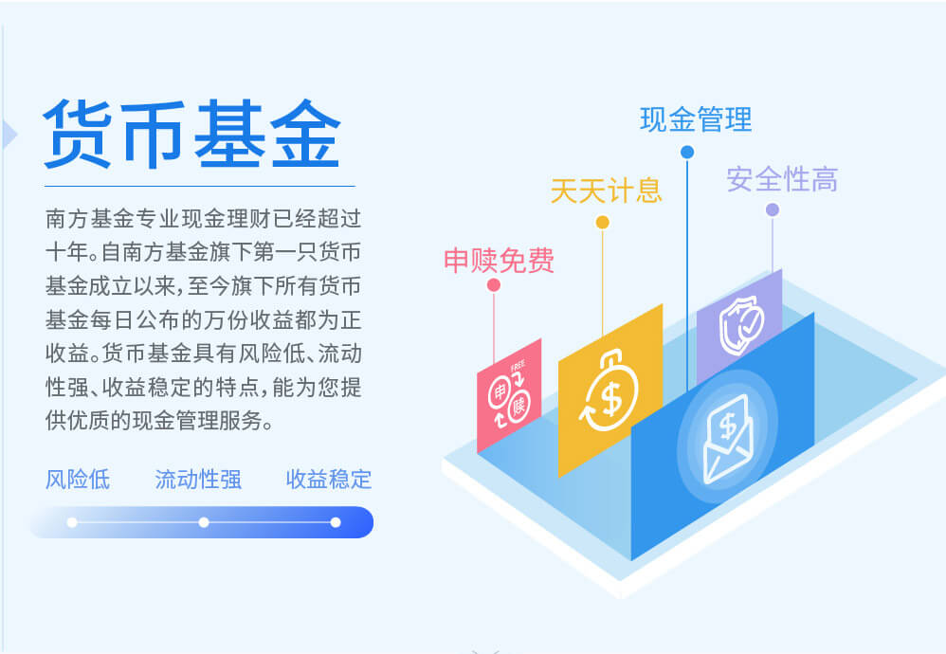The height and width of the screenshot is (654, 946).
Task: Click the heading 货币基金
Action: point(192,134)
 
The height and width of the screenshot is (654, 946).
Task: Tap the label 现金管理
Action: point(696,119)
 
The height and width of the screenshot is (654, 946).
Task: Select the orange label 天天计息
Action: point(607,191)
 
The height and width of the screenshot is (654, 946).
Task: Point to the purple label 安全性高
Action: point(782,179)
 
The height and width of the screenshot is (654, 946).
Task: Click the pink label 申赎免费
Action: point(499,261)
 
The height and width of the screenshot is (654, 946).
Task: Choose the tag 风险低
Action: point(78,480)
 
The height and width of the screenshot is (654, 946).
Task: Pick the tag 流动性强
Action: point(198,480)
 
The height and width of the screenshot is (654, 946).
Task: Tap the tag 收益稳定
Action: point(329,480)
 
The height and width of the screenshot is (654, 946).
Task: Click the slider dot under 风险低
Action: point(72,522)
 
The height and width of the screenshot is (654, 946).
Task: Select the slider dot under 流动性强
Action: point(204,522)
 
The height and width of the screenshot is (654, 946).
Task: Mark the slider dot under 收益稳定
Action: point(336,522)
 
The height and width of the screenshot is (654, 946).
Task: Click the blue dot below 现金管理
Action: point(687,152)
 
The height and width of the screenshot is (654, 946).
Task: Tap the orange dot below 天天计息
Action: point(602,223)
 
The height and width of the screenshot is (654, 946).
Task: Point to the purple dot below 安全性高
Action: point(773,210)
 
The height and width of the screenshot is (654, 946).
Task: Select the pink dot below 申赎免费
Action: point(494,285)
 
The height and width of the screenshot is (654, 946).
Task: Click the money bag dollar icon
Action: point(609,391)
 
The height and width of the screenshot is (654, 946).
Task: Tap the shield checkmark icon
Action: point(741,326)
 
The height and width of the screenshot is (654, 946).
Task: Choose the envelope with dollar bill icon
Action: point(728,439)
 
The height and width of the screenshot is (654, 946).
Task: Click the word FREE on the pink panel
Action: point(518,366)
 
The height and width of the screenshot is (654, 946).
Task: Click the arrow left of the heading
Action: point(9,134)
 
